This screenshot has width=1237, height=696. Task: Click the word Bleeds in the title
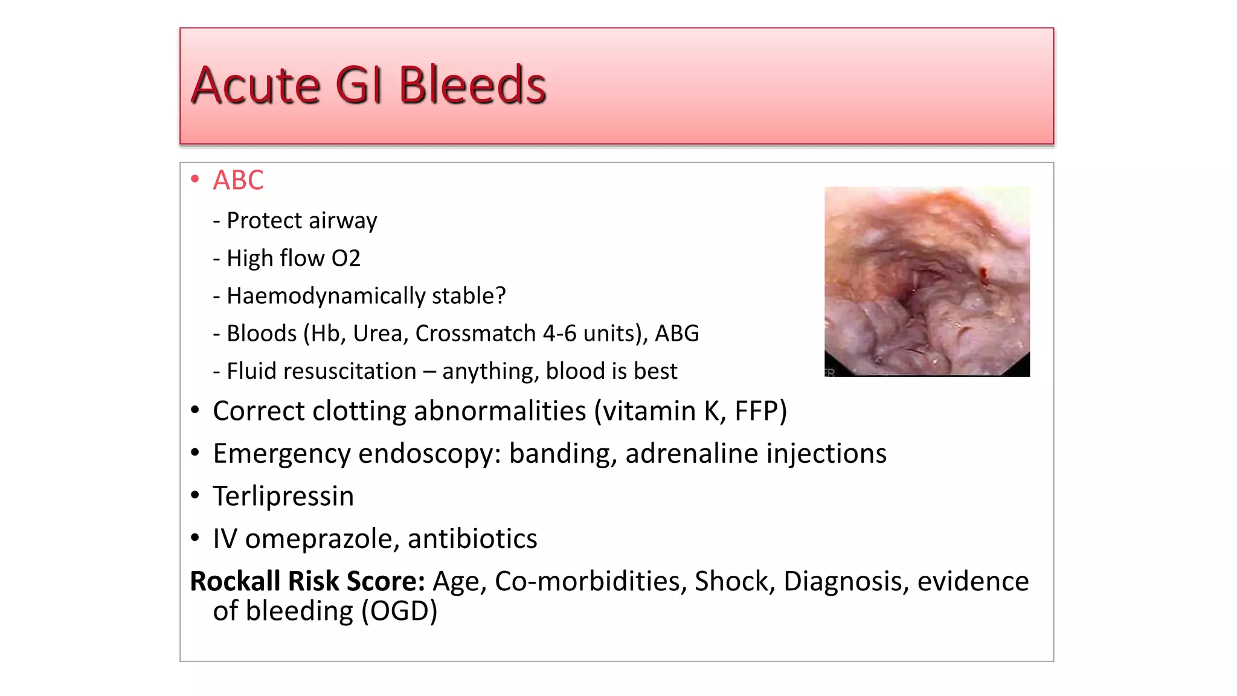coord(472,85)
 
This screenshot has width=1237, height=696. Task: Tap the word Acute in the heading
coord(255,85)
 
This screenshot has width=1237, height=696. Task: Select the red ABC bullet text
coord(238,180)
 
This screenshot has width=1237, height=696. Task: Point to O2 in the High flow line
coord(345,259)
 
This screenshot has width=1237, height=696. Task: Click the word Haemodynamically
coord(326,296)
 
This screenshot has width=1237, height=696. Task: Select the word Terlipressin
coord(283,496)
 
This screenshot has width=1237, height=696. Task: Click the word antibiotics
coord(472,539)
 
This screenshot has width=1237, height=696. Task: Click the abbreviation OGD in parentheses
coord(399,611)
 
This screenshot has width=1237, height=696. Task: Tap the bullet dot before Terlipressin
coord(194,495)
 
